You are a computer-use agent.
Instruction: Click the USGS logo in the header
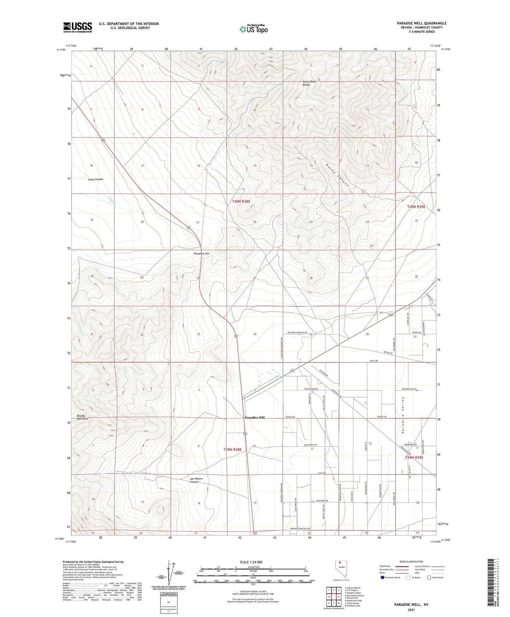click(78, 27)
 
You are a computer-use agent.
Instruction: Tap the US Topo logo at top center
click(253, 29)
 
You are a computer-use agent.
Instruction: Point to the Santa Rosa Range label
click(309, 83)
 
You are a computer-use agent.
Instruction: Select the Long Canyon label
click(95, 180)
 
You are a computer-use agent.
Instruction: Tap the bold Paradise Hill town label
click(254, 417)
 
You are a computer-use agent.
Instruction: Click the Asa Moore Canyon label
click(196, 480)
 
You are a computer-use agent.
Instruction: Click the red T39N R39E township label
click(414, 457)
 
